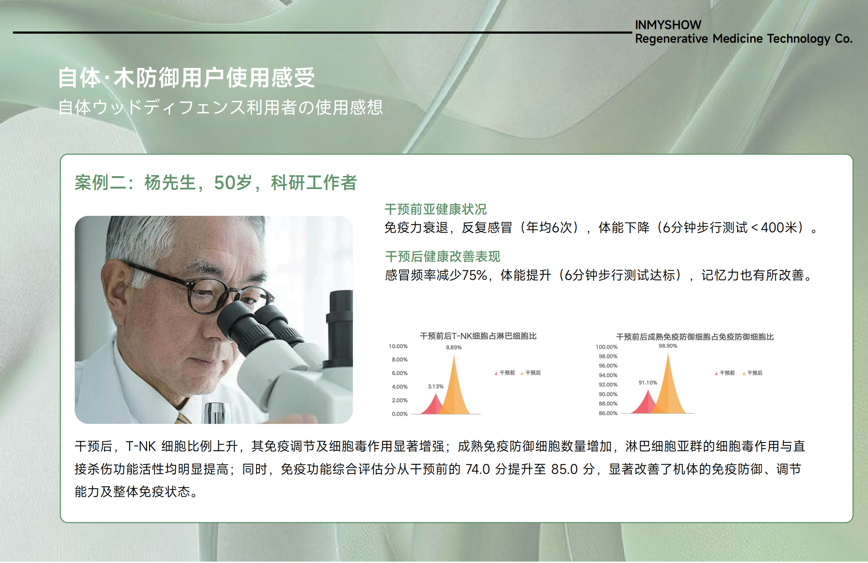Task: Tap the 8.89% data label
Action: [454, 348]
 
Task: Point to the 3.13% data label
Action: [436, 387]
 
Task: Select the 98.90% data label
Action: [668, 346]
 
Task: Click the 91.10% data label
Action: [648, 383]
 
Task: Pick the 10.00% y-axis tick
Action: [398, 346]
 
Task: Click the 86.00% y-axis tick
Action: [608, 414]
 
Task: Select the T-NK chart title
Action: [478, 336]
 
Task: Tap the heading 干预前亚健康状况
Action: [436, 209]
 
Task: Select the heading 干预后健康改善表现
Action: [443, 257]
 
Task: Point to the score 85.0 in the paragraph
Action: [564, 469]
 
